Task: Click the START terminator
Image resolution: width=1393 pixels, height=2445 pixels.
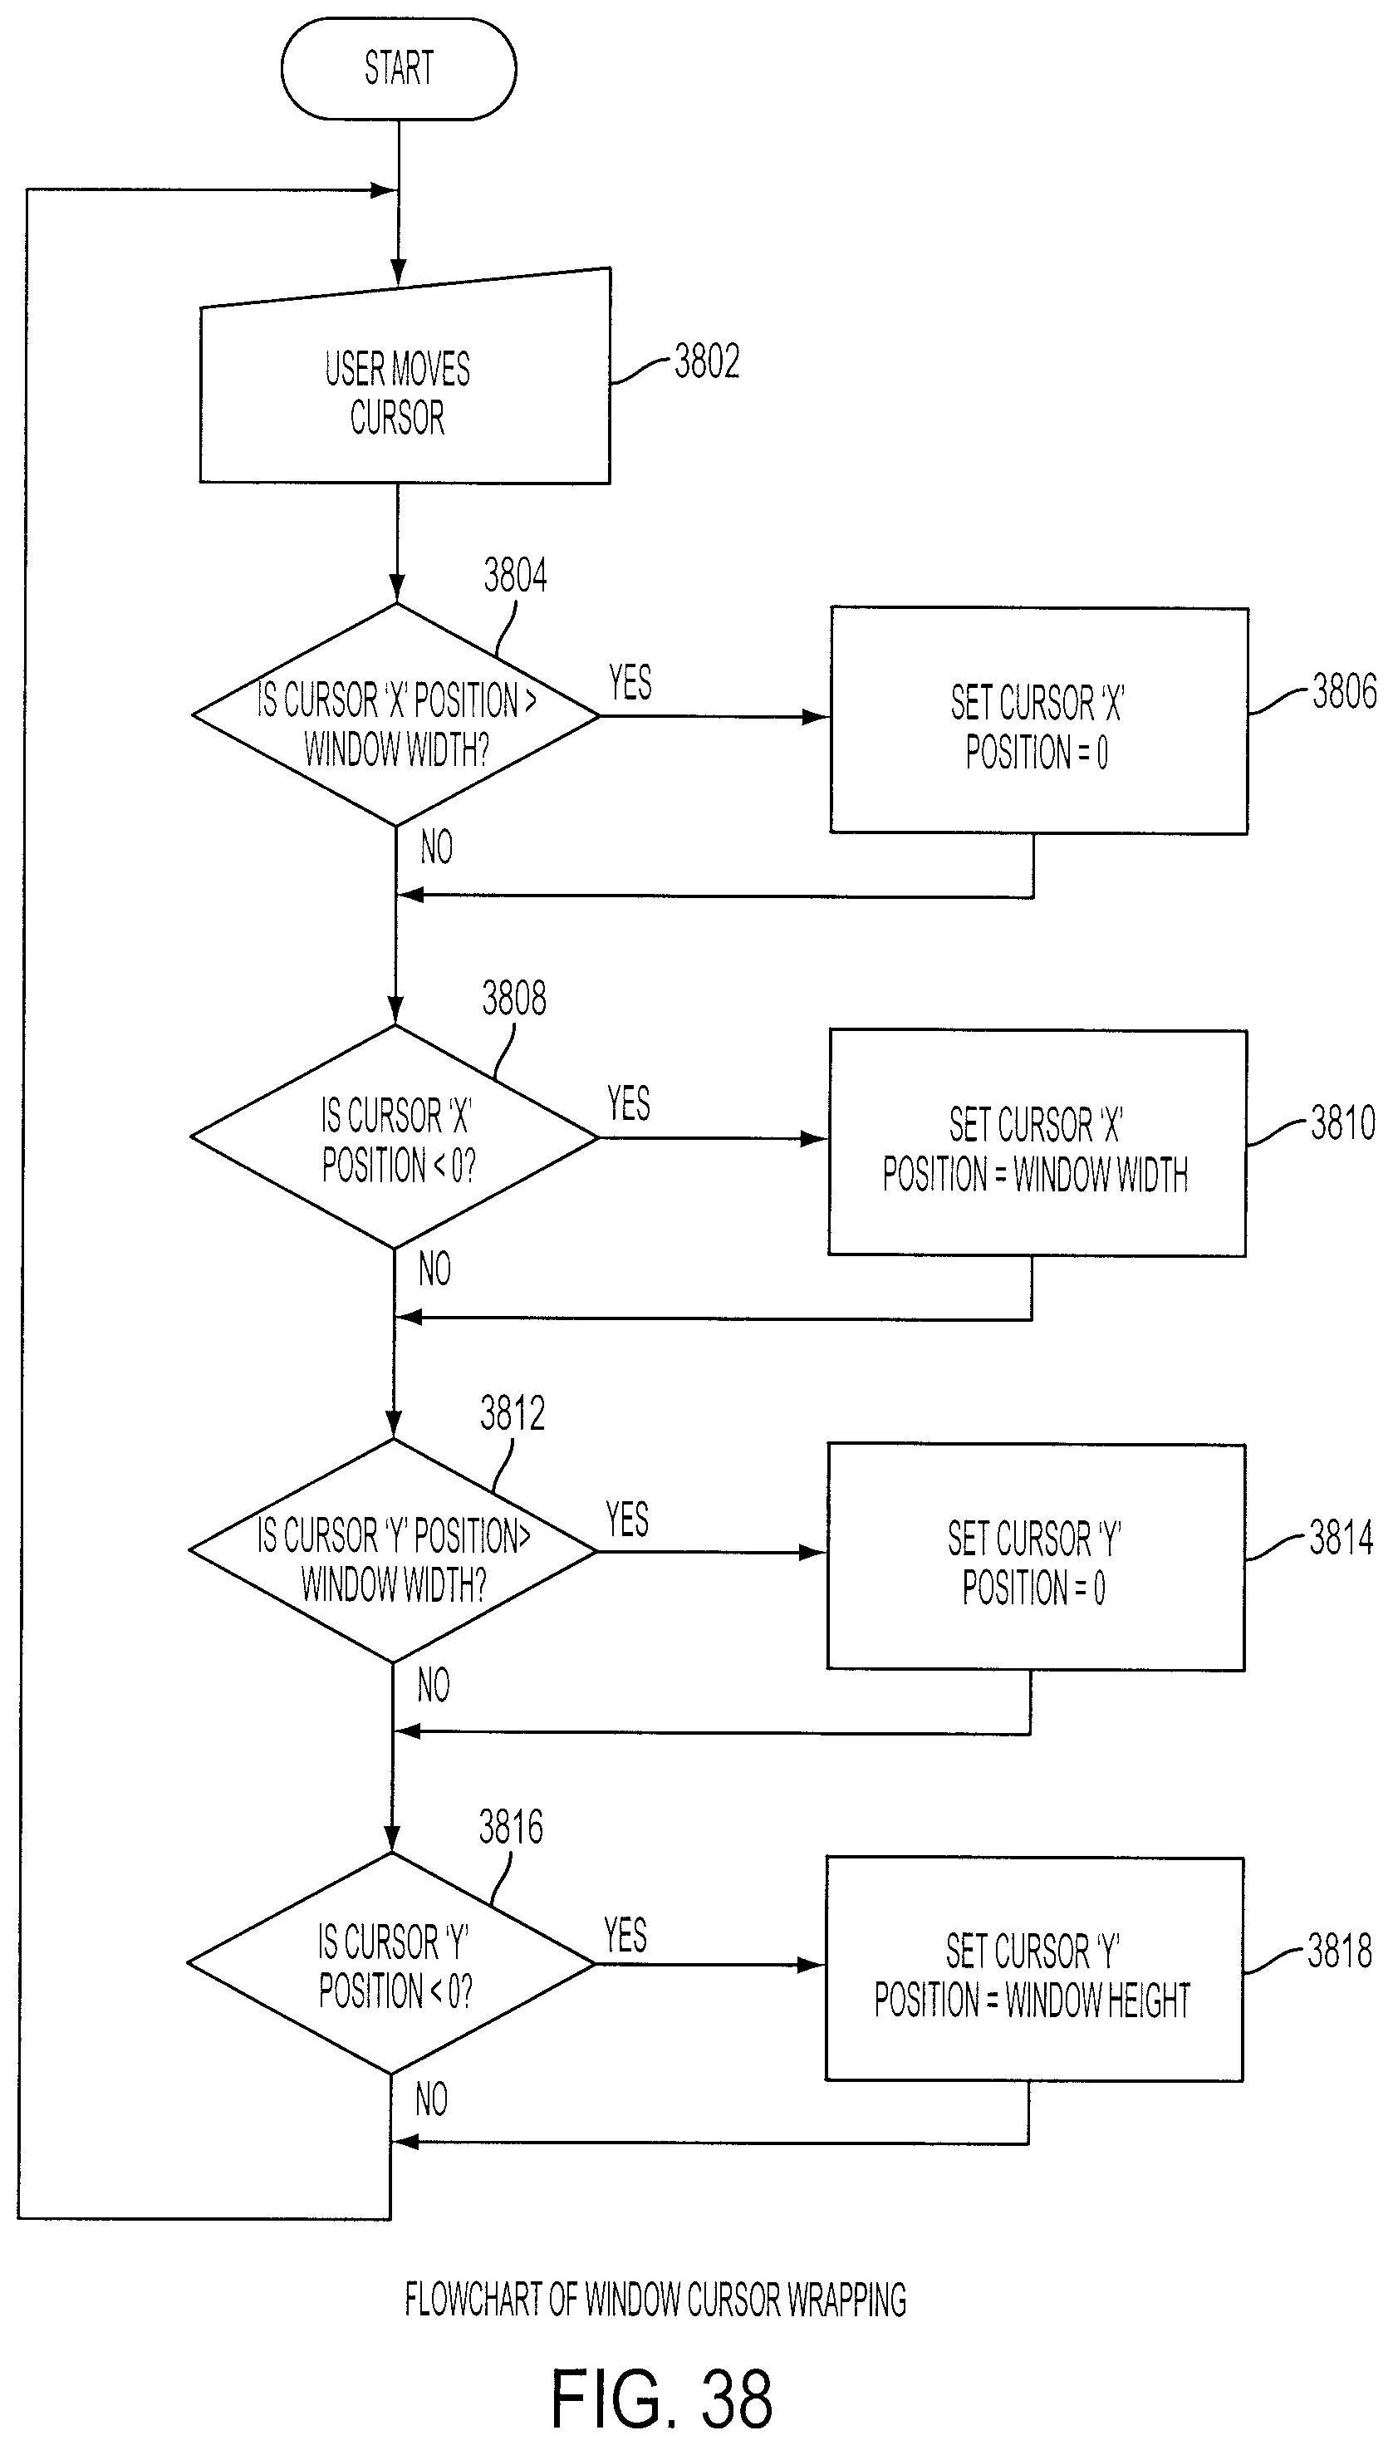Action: [x=398, y=68]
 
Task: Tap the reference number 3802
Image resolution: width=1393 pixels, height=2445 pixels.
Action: [x=707, y=361]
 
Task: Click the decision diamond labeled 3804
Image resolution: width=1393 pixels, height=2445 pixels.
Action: [x=396, y=714]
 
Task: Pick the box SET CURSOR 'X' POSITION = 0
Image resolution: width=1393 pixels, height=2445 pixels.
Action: [x=1039, y=720]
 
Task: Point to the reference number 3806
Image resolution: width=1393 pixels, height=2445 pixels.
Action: [x=1344, y=691]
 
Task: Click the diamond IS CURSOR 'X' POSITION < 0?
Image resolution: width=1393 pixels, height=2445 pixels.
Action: [x=395, y=1137]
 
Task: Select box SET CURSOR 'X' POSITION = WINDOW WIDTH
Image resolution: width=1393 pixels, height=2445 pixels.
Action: [x=1037, y=1143]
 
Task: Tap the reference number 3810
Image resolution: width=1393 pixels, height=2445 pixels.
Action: [x=1342, y=1123]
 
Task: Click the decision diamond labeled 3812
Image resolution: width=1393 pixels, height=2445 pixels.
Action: [x=392, y=1550]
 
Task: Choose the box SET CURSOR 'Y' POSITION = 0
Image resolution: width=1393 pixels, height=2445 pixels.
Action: [x=1035, y=1557]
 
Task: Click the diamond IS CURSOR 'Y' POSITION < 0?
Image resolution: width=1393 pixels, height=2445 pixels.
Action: [x=390, y=1964]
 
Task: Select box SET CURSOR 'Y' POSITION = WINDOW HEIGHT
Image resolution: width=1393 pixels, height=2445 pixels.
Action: [x=1034, y=1970]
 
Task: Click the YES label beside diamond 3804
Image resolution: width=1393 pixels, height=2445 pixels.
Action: [x=630, y=683]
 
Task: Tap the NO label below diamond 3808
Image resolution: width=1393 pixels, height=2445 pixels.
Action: [x=434, y=1269]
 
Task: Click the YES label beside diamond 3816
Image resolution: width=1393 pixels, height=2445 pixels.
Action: [x=625, y=1935]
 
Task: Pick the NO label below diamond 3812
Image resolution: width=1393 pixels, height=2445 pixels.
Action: [x=434, y=1686]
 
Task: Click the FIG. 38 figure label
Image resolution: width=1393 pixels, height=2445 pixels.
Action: [x=661, y=2399]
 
